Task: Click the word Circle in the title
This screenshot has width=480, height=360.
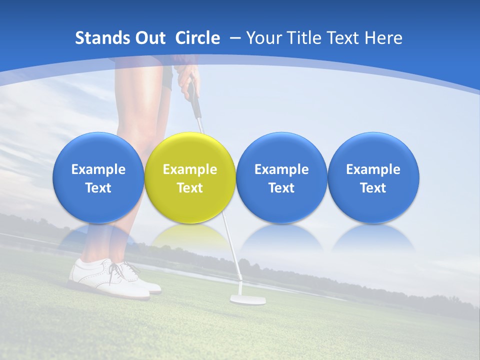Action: (197, 38)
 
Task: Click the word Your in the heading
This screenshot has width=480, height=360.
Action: (263, 38)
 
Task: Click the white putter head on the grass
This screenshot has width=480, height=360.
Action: (247, 299)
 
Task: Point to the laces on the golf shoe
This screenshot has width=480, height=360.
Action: (123, 270)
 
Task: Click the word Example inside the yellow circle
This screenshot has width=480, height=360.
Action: (190, 169)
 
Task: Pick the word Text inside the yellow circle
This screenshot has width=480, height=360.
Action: (190, 188)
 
